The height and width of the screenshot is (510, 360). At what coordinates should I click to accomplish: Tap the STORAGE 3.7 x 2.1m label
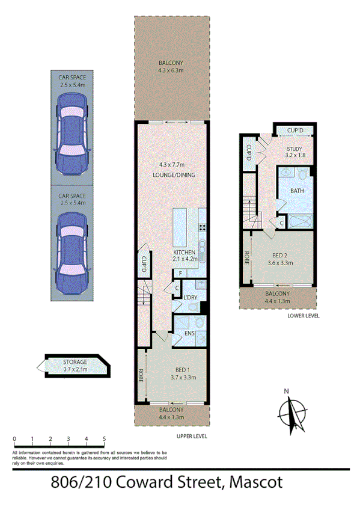pos(75,365)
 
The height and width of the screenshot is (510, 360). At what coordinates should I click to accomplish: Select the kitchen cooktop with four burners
pos(202,227)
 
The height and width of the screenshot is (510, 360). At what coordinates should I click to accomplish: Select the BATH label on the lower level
pos(297,191)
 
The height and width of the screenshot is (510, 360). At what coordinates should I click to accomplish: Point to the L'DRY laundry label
pos(191,298)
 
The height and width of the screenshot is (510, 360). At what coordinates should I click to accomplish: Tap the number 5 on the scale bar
pos(105,439)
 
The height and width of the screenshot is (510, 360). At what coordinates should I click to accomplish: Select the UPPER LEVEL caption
pos(192,436)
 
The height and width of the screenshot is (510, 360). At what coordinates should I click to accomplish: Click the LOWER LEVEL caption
pos(304,315)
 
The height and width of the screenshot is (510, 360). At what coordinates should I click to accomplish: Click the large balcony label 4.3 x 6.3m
pos(171,66)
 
